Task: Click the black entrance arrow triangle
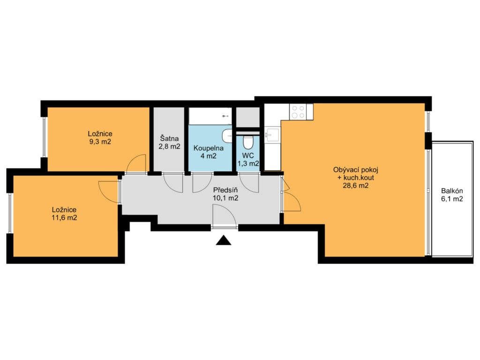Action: (224, 240)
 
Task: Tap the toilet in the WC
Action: (247, 141)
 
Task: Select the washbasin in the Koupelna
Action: (227, 135)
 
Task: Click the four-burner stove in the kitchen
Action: (298, 112)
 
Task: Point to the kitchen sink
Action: (272, 135)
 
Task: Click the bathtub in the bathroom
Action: (210, 116)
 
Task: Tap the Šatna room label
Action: (169, 138)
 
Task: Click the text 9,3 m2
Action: (100, 142)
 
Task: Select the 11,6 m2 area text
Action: (64, 218)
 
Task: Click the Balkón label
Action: (452, 191)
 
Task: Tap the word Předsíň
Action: (225, 190)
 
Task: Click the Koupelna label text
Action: (209, 148)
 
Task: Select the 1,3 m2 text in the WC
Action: (248, 164)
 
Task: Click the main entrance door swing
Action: (225, 217)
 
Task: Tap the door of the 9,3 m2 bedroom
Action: (136, 164)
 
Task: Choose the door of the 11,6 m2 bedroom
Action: (109, 192)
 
